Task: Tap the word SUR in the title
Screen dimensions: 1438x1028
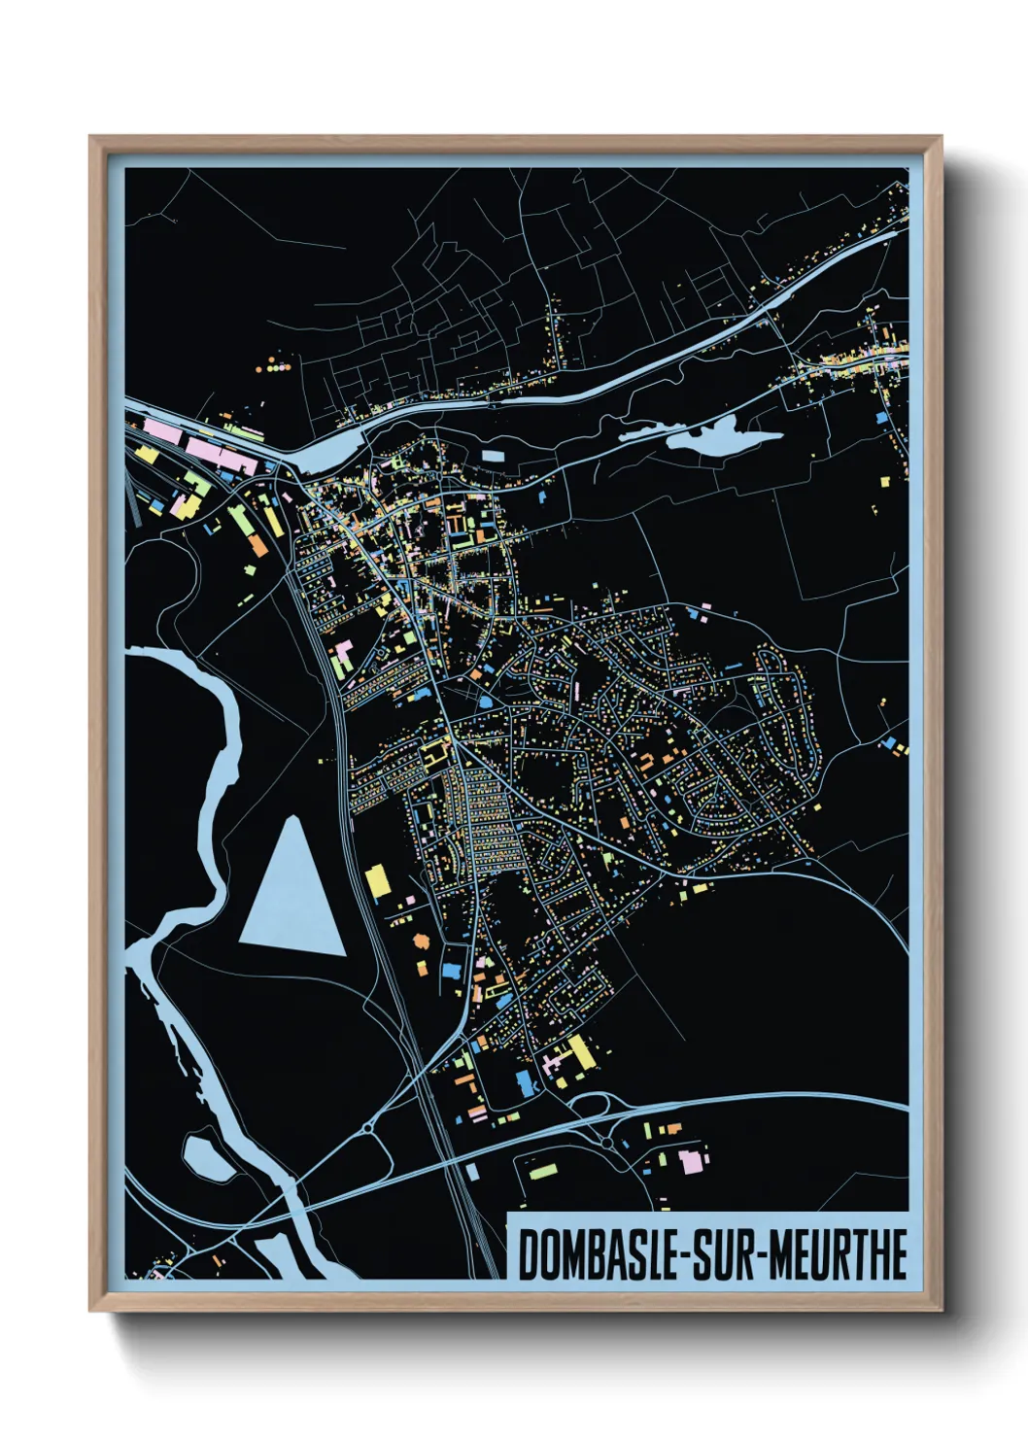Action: [x=730, y=1255]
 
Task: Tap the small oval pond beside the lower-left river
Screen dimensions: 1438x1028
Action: [x=207, y=1156]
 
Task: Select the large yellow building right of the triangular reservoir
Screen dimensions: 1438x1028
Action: [x=377, y=881]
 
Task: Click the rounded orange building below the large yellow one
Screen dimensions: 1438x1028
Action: [x=422, y=941]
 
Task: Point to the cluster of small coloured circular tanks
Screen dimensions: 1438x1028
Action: [x=274, y=367]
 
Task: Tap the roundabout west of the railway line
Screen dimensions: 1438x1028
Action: [x=369, y=1128]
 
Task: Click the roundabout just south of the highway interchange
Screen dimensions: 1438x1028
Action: [x=608, y=1144]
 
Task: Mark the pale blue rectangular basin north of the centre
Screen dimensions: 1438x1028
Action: [x=494, y=455]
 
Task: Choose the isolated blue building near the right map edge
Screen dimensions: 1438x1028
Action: [x=881, y=418]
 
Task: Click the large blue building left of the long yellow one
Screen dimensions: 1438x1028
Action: [x=526, y=1082]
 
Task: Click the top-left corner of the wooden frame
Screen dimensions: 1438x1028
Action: [x=90, y=138]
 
